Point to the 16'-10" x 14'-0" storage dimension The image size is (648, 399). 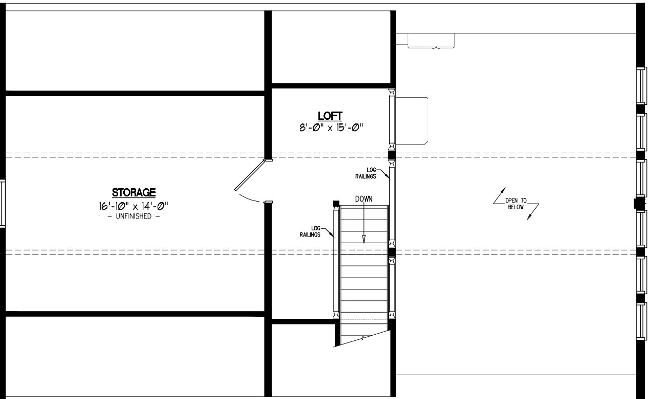coord(134,206)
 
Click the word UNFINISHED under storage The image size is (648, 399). coord(134,216)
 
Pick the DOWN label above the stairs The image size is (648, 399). coord(364,198)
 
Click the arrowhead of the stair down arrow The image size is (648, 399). coord(364,239)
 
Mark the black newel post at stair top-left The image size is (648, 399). coord(336,203)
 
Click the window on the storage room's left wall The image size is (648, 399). coord(2,203)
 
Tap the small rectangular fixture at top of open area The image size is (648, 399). coord(431,41)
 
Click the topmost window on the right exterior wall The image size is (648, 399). coord(641,85)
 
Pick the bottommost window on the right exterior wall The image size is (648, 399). coord(641,321)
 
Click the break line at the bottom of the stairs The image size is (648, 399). coord(363,338)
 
